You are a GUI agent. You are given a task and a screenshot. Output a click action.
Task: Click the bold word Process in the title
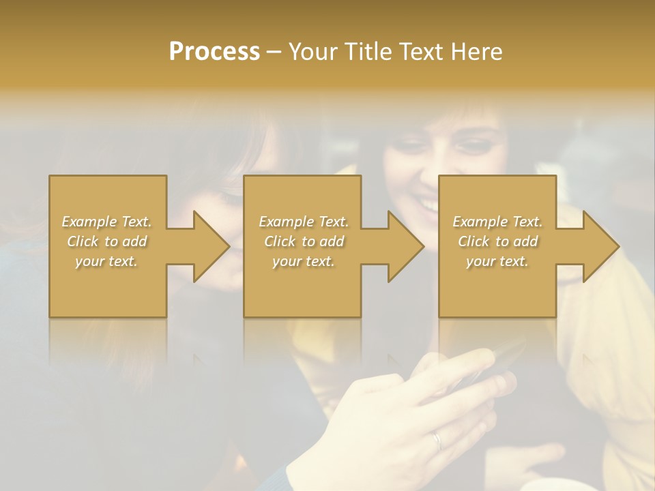click(214, 52)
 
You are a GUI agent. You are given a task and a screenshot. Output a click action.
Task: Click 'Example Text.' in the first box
click(106, 222)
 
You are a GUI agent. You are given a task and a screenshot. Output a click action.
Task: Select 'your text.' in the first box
click(106, 261)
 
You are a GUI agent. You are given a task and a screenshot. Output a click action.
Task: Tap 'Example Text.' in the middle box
click(304, 222)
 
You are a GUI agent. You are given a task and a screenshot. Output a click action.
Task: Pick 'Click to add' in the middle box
click(304, 241)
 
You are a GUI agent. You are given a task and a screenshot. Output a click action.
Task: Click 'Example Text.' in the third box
click(497, 222)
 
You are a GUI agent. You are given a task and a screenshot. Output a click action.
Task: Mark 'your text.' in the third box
click(497, 261)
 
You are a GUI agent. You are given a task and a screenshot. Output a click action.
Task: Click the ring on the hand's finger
click(437, 441)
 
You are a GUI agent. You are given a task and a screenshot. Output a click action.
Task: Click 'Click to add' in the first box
click(106, 241)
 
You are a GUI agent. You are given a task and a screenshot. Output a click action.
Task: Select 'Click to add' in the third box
click(497, 241)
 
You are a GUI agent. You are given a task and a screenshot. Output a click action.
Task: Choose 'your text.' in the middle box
click(304, 261)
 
